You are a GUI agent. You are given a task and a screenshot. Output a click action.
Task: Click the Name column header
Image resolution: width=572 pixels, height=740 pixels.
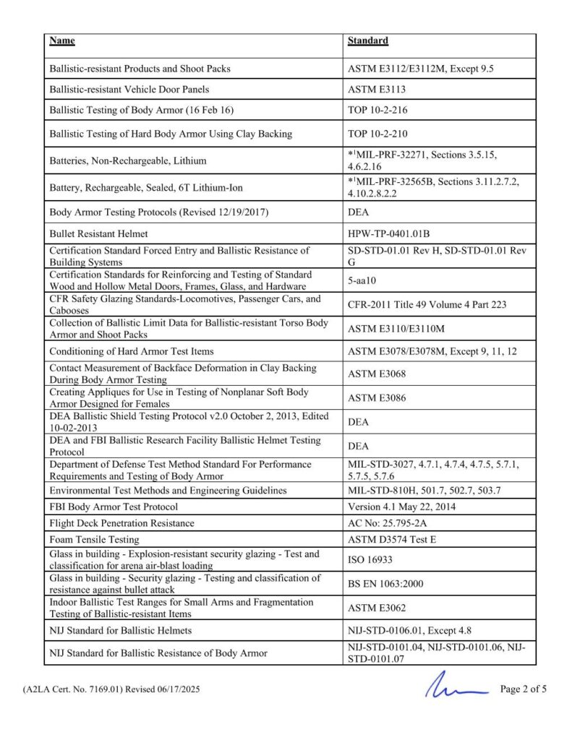(62, 40)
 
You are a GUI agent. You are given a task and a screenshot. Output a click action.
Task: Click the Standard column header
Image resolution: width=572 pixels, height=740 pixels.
(367, 40)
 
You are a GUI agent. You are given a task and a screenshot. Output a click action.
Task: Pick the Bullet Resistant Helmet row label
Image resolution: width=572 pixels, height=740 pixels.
(98, 234)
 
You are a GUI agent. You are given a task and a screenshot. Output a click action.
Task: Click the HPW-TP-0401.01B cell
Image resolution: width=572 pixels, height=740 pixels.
(388, 234)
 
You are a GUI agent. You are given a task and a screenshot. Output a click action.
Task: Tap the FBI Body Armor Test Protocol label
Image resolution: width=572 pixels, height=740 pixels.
(114, 507)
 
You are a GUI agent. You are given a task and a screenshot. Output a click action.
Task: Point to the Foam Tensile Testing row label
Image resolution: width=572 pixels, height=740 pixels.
(94, 539)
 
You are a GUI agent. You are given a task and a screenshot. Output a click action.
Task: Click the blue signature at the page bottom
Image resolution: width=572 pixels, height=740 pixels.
(456, 687)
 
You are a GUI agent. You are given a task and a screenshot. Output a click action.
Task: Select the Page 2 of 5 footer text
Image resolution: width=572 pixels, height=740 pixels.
(523, 689)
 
